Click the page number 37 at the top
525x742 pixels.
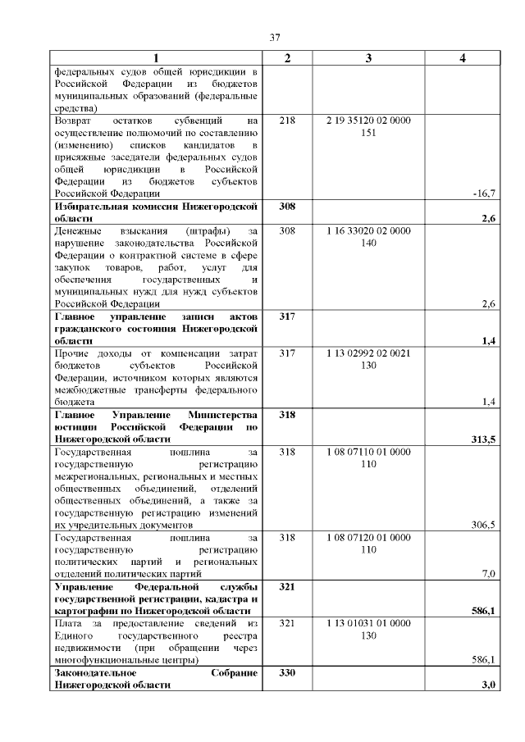click(x=276, y=36)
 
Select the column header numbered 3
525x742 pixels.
click(x=368, y=57)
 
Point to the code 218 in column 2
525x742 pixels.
click(x=287, y=121)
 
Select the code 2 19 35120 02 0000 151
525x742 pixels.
click(x=368, y=126)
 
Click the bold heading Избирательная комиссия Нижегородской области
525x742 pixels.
click(x=156, y=212)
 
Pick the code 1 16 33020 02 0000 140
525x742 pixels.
click(x=368, y=237)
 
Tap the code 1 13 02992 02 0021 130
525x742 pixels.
click(x=368, y=359)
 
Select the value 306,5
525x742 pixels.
click(x=483, y=525)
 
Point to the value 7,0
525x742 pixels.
click(x=488, y=574)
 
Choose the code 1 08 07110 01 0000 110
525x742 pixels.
click(x=368, y=457)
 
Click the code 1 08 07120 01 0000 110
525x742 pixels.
click(x=368, y=544)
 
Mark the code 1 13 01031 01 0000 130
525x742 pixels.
click(x=368, y=630)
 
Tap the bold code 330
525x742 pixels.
click(x=287, y=672)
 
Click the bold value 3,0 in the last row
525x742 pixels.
click(x=491, y=685)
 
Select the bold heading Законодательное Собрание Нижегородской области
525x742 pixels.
click(x=156, y=678)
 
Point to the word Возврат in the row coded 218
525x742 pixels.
click(x=73, y=121)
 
